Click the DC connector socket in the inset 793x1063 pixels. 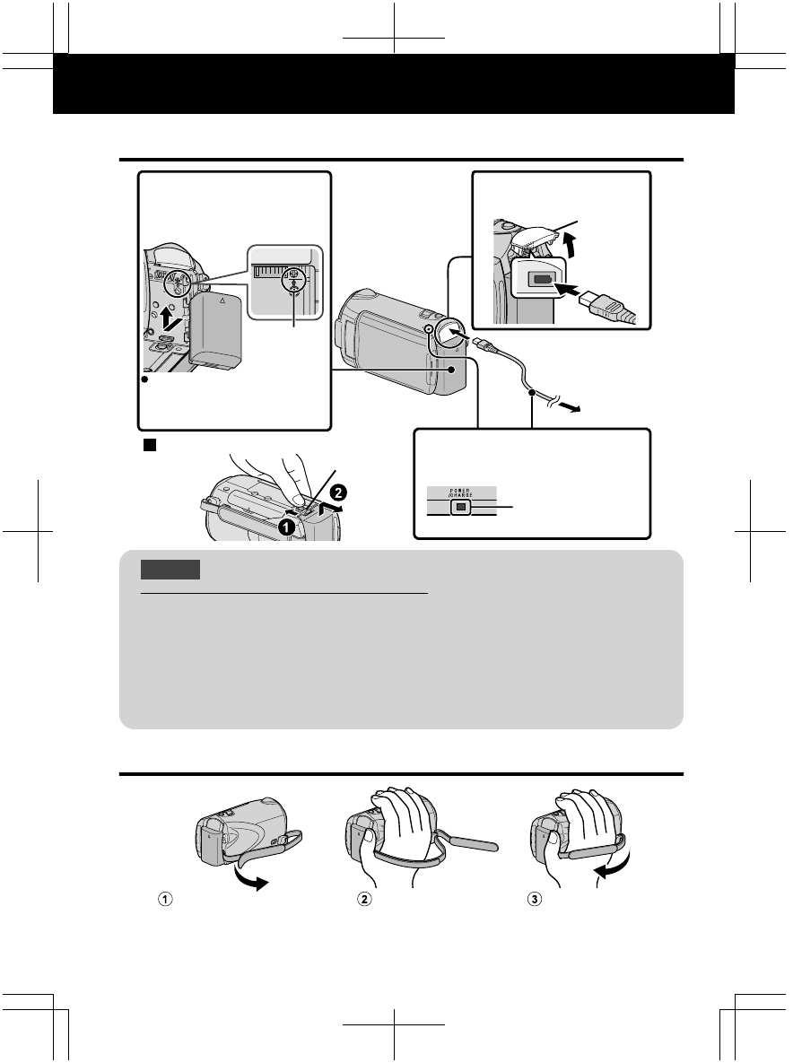[541, 278]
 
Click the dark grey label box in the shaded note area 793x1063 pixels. [170, 570]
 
